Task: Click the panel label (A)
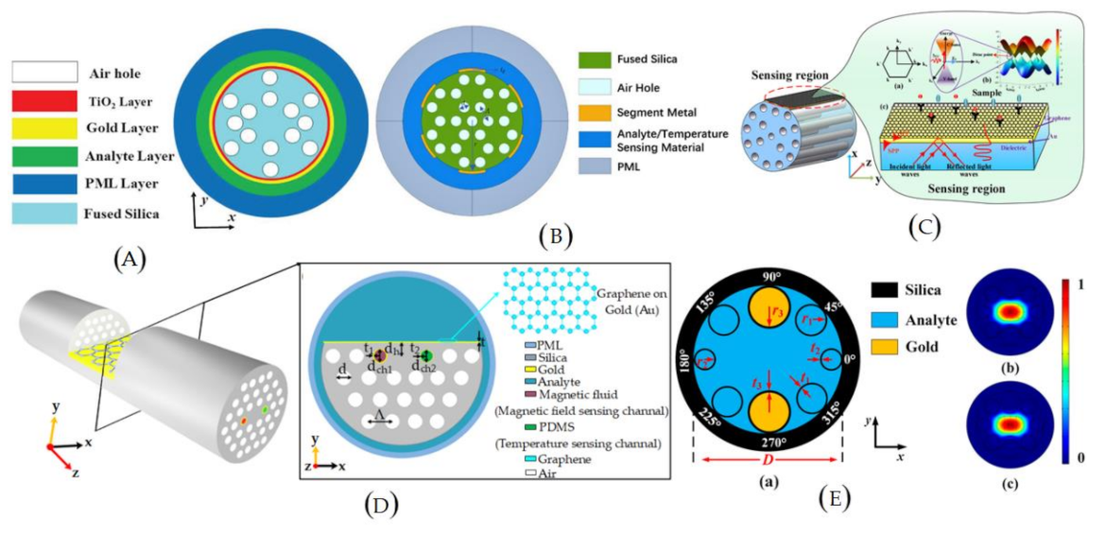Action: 129,257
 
